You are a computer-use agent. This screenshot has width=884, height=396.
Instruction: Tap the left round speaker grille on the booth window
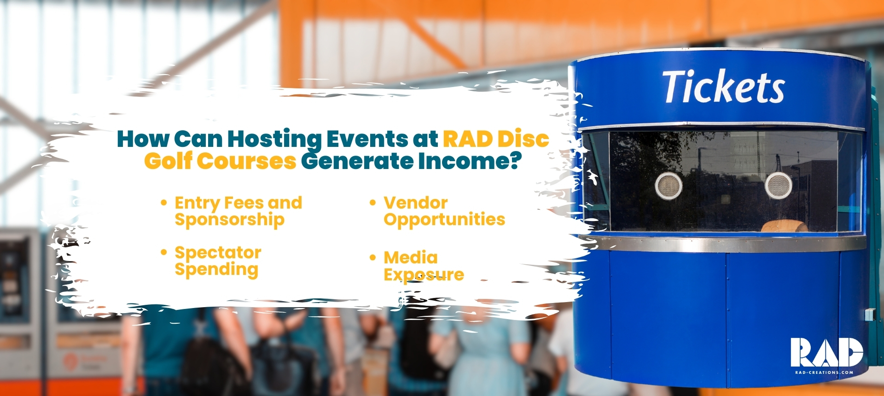point(668,186)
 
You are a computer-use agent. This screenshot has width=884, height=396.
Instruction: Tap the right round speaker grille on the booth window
point(778,185)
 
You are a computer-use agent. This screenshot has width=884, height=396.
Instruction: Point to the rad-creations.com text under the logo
point(824,373)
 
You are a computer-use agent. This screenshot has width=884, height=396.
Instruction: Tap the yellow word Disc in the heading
point(523,139)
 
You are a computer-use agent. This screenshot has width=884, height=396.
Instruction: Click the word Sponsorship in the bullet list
point(229,220)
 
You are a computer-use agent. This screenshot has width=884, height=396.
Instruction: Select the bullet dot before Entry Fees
point(163,202)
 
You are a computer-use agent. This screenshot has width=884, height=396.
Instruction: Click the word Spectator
point(218,253)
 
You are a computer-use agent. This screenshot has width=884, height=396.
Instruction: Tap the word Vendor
point(415,203)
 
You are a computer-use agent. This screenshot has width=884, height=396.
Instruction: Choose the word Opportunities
point(444,220)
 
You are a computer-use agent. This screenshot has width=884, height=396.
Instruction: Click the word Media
point(411,257)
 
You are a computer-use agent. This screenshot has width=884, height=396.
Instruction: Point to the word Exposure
point(424,275)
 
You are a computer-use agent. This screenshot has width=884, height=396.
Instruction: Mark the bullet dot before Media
point(373,257)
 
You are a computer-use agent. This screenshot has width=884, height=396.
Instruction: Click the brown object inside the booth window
point(784,227)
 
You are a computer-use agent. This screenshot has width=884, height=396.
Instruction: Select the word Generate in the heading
point(357,162)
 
